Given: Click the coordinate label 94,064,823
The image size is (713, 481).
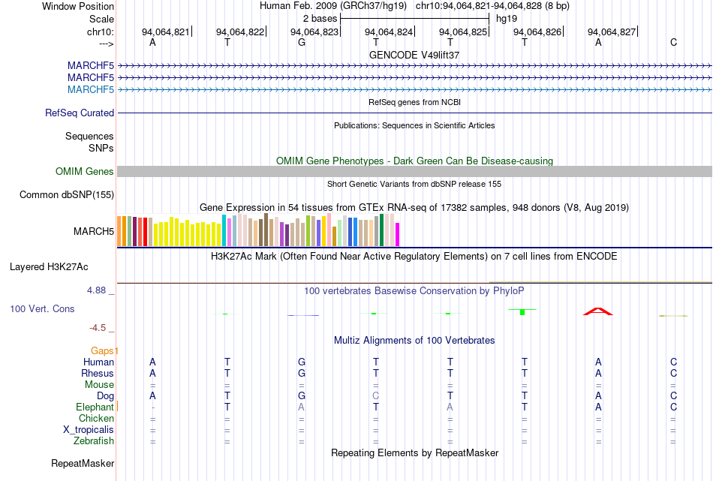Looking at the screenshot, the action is (314, 32).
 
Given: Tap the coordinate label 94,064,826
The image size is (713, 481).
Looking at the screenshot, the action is (537, 32).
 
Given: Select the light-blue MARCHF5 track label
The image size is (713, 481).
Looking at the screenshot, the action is (91, 89).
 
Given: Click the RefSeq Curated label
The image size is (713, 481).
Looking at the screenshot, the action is (80, 113).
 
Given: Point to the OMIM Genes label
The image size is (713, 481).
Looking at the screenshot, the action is (85, 171).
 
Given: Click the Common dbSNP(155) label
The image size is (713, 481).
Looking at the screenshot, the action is (67, 194).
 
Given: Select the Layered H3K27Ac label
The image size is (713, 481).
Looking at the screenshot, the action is (49, 267).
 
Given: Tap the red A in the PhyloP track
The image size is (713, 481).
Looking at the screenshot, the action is (598, 311).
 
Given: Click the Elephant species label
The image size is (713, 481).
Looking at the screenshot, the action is (95, 407).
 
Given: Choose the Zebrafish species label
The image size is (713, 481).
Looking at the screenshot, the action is (94, 440).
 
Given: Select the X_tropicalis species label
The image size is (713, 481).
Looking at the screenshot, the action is (89, 430).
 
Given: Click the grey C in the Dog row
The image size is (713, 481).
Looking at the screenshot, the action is (375, 395).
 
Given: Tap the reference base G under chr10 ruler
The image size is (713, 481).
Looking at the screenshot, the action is (302, 42).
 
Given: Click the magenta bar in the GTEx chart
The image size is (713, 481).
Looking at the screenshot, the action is (398, 235).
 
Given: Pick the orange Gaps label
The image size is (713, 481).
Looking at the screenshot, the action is (102, 350).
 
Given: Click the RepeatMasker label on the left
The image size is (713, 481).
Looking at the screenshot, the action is (83, 463).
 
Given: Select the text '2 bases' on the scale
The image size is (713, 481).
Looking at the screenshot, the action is (320, 19).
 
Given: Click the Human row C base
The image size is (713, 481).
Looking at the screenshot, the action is (673, 362).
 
